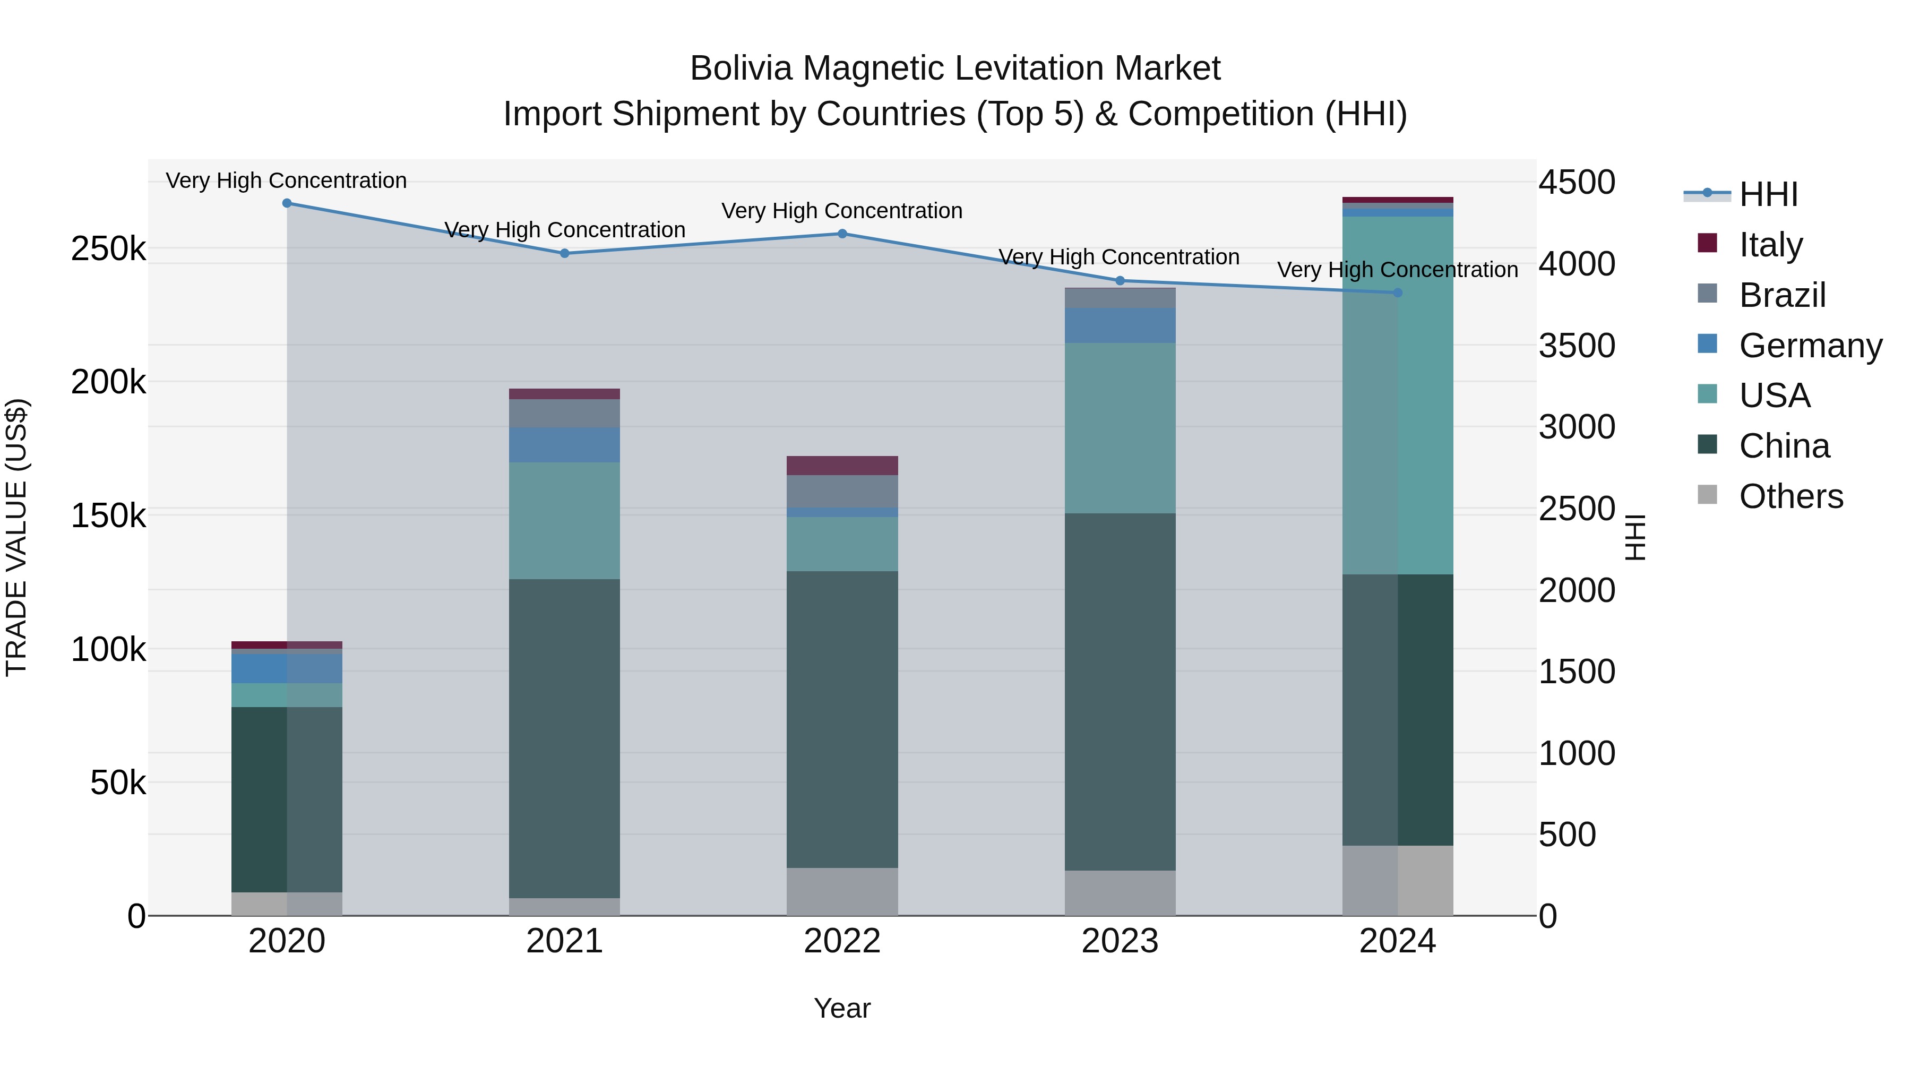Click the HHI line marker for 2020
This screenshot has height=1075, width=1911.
287,203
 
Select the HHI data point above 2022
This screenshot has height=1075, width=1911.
842,234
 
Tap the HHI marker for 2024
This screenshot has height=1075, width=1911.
1398,293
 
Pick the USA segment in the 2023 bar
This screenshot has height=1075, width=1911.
1120,428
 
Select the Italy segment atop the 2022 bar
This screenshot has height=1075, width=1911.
842,465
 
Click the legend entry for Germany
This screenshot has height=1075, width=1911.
1810,346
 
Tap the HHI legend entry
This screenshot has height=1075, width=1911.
1768,194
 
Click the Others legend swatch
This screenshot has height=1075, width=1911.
1707,495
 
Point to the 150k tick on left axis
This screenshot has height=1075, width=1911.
108,515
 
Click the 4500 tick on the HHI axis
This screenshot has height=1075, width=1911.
1577,183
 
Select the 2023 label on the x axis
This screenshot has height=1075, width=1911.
1120,941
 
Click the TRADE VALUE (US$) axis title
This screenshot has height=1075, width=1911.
16,537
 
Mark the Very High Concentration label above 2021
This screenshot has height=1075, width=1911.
565,230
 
